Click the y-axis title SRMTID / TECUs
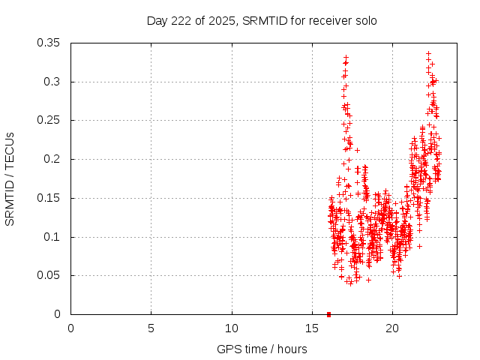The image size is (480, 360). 10,178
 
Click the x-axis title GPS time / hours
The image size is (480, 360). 262,349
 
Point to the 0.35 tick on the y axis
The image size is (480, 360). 49,43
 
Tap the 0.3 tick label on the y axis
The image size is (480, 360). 52,82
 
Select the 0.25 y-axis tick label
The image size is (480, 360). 49,120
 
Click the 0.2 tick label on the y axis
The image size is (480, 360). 52,159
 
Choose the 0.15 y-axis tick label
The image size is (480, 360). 49,198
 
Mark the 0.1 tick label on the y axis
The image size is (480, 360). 52,237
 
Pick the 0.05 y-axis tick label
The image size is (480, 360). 49,275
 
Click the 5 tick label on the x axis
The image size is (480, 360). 151,328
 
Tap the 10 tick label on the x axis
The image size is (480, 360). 232,328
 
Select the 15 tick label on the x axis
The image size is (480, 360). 312,328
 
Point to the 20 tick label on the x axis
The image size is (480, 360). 392,328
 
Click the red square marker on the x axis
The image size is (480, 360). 328,314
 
